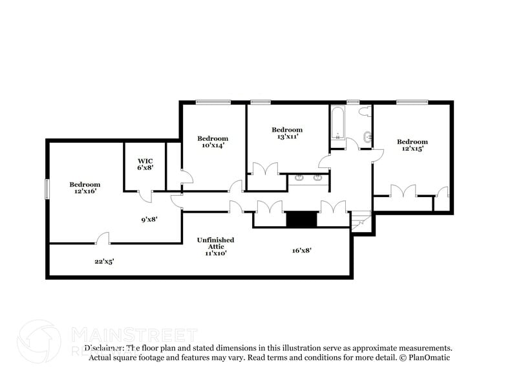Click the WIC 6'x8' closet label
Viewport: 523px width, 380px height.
click(x=145, y=164)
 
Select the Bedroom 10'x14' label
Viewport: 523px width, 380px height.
click(x=213, y=142)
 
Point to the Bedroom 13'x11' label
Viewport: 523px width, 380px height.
click(x=286, y=133)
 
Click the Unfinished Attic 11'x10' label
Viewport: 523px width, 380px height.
click(x=215, y=246)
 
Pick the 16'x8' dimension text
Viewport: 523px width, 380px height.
click(x=301, y=250)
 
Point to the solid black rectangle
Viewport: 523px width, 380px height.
click(x=301, y=220)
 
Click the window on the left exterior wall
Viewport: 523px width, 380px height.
click(x=47, y=189)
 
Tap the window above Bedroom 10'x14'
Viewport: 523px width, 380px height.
click(x=213, y=101)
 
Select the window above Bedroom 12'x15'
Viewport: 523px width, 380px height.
click(x=412, y=101)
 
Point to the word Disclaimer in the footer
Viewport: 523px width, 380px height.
click(x=103, y=348)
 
